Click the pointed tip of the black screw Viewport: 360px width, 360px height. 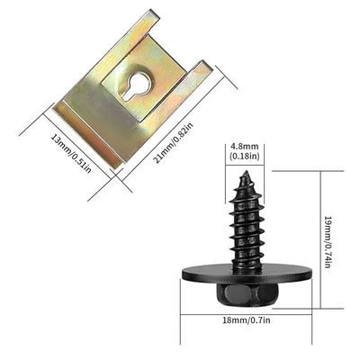point(244,175)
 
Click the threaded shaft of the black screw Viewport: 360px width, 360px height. point(245,225)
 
